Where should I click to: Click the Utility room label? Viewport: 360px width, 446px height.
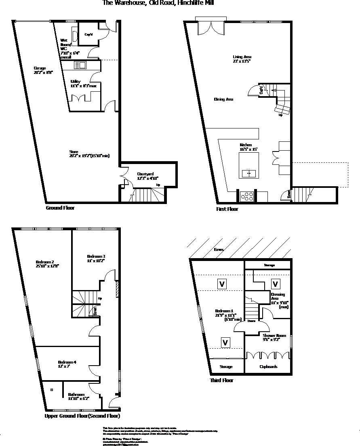point(76,81)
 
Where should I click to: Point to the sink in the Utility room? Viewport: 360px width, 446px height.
point(80,65)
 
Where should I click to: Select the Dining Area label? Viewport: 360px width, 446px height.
point(223,99)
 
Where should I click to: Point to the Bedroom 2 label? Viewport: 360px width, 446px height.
point(44,261)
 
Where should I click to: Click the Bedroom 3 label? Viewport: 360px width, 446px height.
point(96,257)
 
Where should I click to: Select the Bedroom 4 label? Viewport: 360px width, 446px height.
point(67,362)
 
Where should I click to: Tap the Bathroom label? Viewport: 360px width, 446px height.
point(76,395)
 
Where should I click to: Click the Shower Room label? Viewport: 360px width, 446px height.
point(274,336)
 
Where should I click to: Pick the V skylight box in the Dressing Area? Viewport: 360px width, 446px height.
point(276,284)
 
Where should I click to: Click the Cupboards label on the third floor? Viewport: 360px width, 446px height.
point(267,367)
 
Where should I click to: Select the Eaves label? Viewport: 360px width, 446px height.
point(219,250)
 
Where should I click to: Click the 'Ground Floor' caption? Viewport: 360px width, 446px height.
point(60,208)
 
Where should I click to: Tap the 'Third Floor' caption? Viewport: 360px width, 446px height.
point(221,381)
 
